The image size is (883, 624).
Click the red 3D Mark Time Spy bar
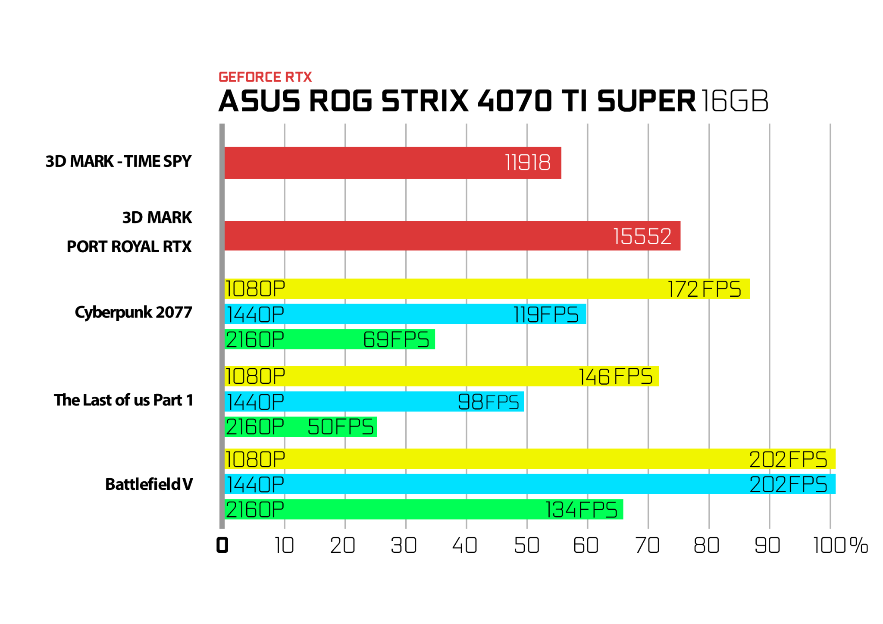point(393,163)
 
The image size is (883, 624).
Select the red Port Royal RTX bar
point(452,235)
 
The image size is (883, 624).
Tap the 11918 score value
point(528,163)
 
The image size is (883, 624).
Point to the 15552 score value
point(642,236)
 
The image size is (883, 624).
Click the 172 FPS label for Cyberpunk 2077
point(705,289)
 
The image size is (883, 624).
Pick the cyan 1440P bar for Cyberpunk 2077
point(405,314)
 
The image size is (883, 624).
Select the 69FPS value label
point(396,339)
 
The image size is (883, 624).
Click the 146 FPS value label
point(615,376)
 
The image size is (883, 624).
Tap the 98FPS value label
point(488,402)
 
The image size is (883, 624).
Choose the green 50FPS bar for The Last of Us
point(301,427)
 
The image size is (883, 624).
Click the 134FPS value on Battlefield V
point(581,510)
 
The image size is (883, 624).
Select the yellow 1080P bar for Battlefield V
point(530,459)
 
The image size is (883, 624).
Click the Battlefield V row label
point(149,484)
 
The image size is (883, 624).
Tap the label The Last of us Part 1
point(124,400)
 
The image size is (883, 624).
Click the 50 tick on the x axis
point(527,546)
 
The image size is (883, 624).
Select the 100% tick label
point(840,546)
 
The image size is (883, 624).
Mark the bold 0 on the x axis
point(222,546)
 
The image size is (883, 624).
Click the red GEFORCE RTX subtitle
point(265,77)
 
